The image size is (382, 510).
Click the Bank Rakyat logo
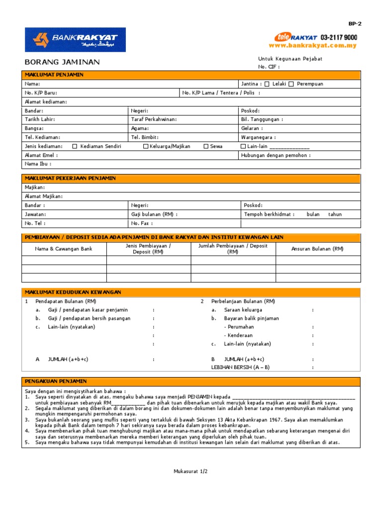pyautogui.click(x=76, y=40)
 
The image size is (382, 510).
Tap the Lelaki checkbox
pyautogui.click(x=267, y=84)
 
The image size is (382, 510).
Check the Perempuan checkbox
pyautogui.click(x=291, y=84)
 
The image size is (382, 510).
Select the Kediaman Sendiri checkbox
pyautogui.click(x=75, y=146)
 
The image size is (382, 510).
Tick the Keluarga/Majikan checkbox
pyautogui.click(x=146, y=146)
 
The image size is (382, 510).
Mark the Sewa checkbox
pyautogui.click(x=206, y=146)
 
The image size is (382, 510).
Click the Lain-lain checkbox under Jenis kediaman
pyautogui.click(x=243, y=146)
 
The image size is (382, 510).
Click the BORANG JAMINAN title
pyautogui.click(x=62, y=62)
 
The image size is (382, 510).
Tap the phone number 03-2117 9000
pyautogui.click(x=339, y=37)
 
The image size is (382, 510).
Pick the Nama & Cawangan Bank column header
pyautogui.click(x=64, y=249)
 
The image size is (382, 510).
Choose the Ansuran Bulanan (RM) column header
pyautogui.click(x=317, y=249)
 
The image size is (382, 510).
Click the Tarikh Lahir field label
pyautogui.click(x=40, y=120)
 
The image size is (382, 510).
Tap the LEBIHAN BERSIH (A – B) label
pyautogui.click(x=240, y=368)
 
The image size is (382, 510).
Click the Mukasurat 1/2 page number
pyautogui.click(x=191, y=471)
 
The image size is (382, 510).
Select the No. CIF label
pyautogui.click(x=269, y=67)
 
